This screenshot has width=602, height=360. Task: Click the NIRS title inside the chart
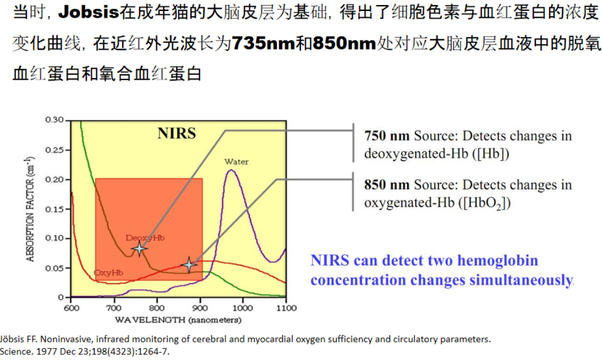177,134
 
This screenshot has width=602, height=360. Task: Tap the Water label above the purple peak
236,162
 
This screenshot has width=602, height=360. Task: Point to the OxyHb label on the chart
108,273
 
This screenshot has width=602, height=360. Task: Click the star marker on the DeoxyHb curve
139,248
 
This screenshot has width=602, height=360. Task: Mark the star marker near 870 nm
189,265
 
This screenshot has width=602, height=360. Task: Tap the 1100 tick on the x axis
286,308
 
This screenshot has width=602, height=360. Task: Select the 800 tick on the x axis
157,308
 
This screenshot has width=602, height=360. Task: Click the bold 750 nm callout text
387,137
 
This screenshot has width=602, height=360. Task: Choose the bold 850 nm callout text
387,185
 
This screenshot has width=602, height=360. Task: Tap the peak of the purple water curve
231,170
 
